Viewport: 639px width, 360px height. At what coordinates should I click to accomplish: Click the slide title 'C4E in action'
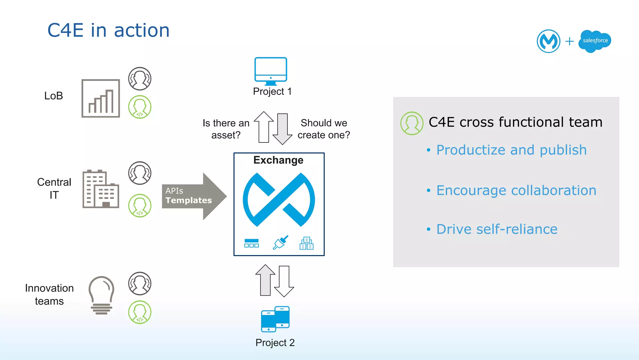coord(108,30)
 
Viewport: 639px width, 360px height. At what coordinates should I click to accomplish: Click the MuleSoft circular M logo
coord(548,41)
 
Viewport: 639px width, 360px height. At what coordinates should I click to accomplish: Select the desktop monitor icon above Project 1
coord(271,71)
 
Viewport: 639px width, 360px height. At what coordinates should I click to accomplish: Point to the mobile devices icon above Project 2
coord(275,319)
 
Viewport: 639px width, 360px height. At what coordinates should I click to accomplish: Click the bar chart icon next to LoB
coord(100,98)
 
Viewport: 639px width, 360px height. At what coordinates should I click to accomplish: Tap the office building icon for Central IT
coord(100,189)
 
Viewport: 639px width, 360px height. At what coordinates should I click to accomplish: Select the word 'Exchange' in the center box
coord(278,160)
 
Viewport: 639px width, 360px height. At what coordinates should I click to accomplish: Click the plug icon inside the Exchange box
coord(280,243)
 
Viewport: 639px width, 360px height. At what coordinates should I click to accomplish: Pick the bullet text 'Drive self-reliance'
coord(496,229)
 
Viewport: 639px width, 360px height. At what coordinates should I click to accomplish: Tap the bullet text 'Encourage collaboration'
coord(516,190)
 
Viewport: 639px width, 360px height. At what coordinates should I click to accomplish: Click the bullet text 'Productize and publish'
coord(511,150)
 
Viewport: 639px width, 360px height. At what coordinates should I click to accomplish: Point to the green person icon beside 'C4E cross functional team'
coord(412,123)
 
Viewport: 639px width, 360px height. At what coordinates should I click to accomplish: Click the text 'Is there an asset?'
coord(226,129)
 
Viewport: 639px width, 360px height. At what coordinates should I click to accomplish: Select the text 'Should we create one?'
coord(324,129)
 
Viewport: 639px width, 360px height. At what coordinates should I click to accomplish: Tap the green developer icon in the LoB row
coord(140,107)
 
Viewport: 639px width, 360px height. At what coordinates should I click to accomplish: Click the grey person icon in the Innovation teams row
coord(140,284)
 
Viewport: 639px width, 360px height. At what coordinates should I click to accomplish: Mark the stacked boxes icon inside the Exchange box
coord(306,243)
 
